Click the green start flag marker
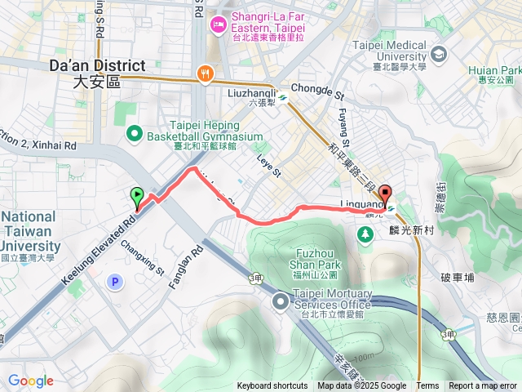tap(136, 197)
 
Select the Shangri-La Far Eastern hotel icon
tap(219, 24)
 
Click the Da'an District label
tap(97, 72)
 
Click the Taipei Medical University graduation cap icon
tap(440, 55)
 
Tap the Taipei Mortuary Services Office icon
tap(281, 302)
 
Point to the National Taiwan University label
tap(29, 236)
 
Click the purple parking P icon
tap(115, 282)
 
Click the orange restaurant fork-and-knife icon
tap(205, 74)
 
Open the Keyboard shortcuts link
tap(272, 386)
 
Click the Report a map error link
tap(483, 386)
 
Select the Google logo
tap(30, 381)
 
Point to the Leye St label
tap(268, 167)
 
